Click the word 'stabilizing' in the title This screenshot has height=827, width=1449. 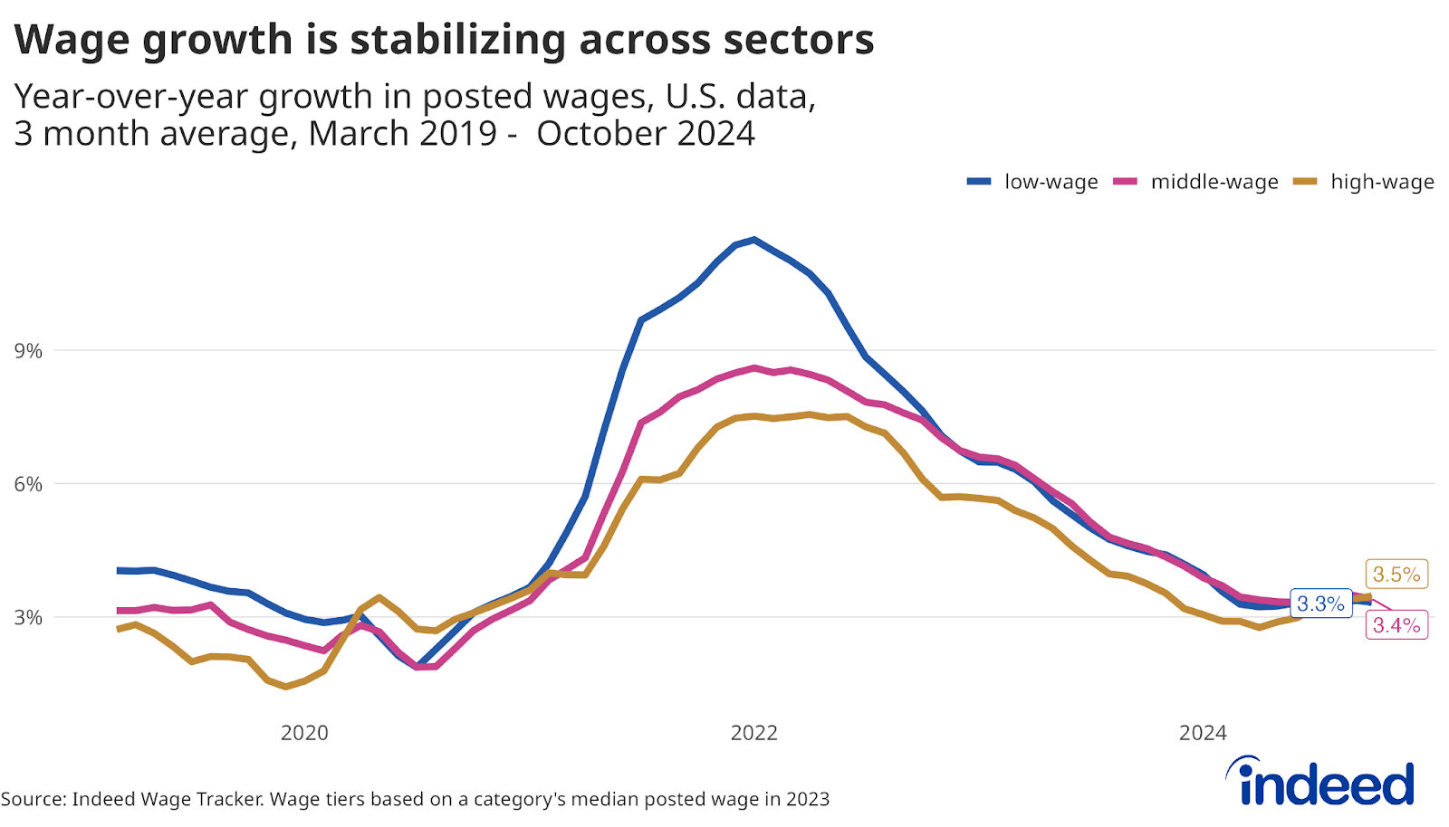tap(457, 41)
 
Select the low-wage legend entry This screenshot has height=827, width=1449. tap(1033, 182)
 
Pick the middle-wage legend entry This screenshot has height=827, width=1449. tap(1196, 182)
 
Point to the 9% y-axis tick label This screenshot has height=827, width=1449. tap(28, 351)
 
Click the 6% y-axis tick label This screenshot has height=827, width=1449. tap(28, 484)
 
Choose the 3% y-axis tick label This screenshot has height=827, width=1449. tap(28, 617)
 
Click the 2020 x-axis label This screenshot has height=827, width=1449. tap(304, 733)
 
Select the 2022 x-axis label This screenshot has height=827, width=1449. tap(754, 733)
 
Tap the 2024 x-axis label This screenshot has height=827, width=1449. tap(1203, 733)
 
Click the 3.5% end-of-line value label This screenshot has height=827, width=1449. tap(1396, 575)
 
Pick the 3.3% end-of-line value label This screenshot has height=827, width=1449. tap(1320, 604)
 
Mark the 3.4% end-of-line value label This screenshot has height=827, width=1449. tap(1396, 625)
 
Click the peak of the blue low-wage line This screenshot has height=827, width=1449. tap(754, 240)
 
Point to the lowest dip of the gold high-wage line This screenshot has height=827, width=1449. tap(286, 687)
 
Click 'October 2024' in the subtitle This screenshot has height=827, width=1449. tap(646, 134)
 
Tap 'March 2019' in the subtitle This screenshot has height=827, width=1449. tap(403, 134)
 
